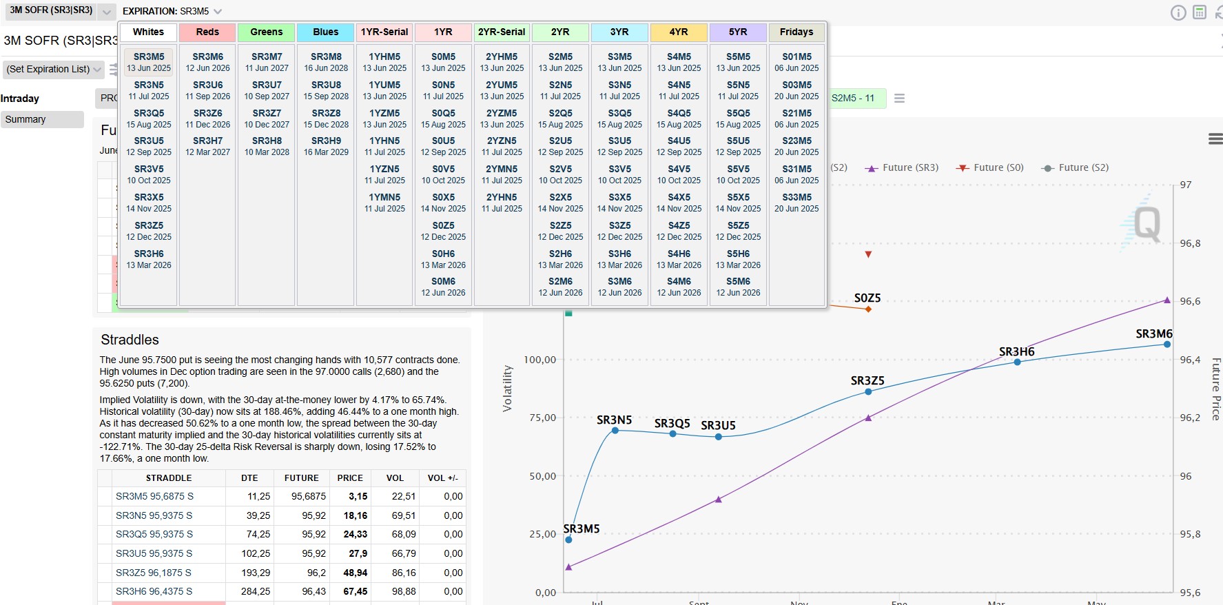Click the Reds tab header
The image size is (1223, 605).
click(x=207, y=32)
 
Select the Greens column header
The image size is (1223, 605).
click(x=266, y=32)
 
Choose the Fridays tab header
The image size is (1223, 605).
click(x=797, y=32)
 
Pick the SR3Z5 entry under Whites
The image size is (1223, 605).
click(x=149, y=230)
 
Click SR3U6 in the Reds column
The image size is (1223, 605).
click(x=207, y=90)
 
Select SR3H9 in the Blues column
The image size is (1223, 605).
click(x=326, y=146)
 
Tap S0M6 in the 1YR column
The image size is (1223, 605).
click(x=443, y=287)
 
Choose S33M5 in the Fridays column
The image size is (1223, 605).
click(x=797, y=203)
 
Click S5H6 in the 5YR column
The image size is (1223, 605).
click(x=738, y=259)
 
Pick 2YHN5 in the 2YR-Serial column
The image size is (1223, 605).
click(x=502, y=203)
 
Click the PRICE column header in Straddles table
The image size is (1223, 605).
click(x=350, y=478)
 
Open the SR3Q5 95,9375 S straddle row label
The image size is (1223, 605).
click(x=154, y=534)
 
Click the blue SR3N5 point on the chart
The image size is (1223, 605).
click(x=615, y=431)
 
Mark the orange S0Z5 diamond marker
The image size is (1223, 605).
click(x=868, y=309)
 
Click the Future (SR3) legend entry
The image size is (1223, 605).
click(x=902, y=167)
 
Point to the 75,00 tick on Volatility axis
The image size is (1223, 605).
click(x=541, y=418)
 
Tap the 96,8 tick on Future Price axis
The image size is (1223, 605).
click(x=1190, y=243)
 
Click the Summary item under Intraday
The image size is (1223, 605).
click(x=25, y=119)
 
